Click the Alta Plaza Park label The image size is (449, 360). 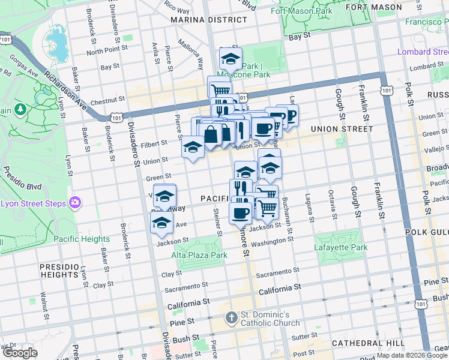(201, 255)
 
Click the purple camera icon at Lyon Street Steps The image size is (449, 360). (75, 203)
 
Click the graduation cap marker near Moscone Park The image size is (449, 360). (230, 59)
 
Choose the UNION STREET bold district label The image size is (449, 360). (334, 129)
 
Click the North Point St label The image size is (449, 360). (104, 52)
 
